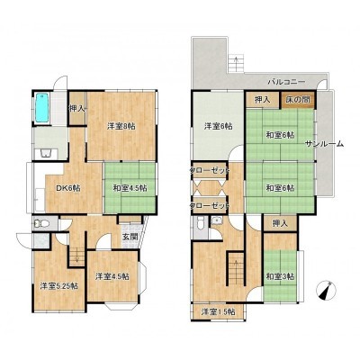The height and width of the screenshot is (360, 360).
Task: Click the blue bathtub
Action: click(x=42, y=107)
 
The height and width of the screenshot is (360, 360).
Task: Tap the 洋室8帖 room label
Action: click(x=121, y=126)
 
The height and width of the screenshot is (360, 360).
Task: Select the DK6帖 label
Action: click(x=68, y=188)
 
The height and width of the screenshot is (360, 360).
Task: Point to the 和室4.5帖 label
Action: click(x=130, y=188)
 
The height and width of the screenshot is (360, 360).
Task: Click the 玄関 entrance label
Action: click(x=130, y=236)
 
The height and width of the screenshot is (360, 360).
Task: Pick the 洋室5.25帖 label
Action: click(x=59, y=286)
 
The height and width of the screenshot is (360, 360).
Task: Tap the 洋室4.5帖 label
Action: click(x=112, y=276)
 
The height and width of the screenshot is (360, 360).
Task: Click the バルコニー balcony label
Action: click(x=286, y=81)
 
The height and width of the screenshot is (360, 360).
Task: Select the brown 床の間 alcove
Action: click(x=298, y=100)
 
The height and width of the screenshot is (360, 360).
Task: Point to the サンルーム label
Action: click(x=324, y=144)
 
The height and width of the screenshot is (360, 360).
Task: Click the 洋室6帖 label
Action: click(x=218, y=126)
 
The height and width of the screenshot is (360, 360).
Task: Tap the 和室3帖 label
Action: click(x=280, y=276)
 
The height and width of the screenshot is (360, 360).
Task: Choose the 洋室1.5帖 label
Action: click(x=218, y=312)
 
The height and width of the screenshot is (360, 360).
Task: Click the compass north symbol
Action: click(x=327, y=291)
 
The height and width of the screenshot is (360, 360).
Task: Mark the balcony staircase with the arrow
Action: click(x=237, y=64)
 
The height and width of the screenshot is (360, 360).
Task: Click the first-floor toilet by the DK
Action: click(x=42, y=223)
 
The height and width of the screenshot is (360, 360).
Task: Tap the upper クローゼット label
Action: click(x=210, y=170)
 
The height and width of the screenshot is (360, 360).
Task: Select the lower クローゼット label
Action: click(x=210, y=206)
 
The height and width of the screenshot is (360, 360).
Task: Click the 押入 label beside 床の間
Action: click(x=263, y=100)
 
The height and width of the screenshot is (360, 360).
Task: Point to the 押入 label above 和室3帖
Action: click(x=280, y=223)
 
